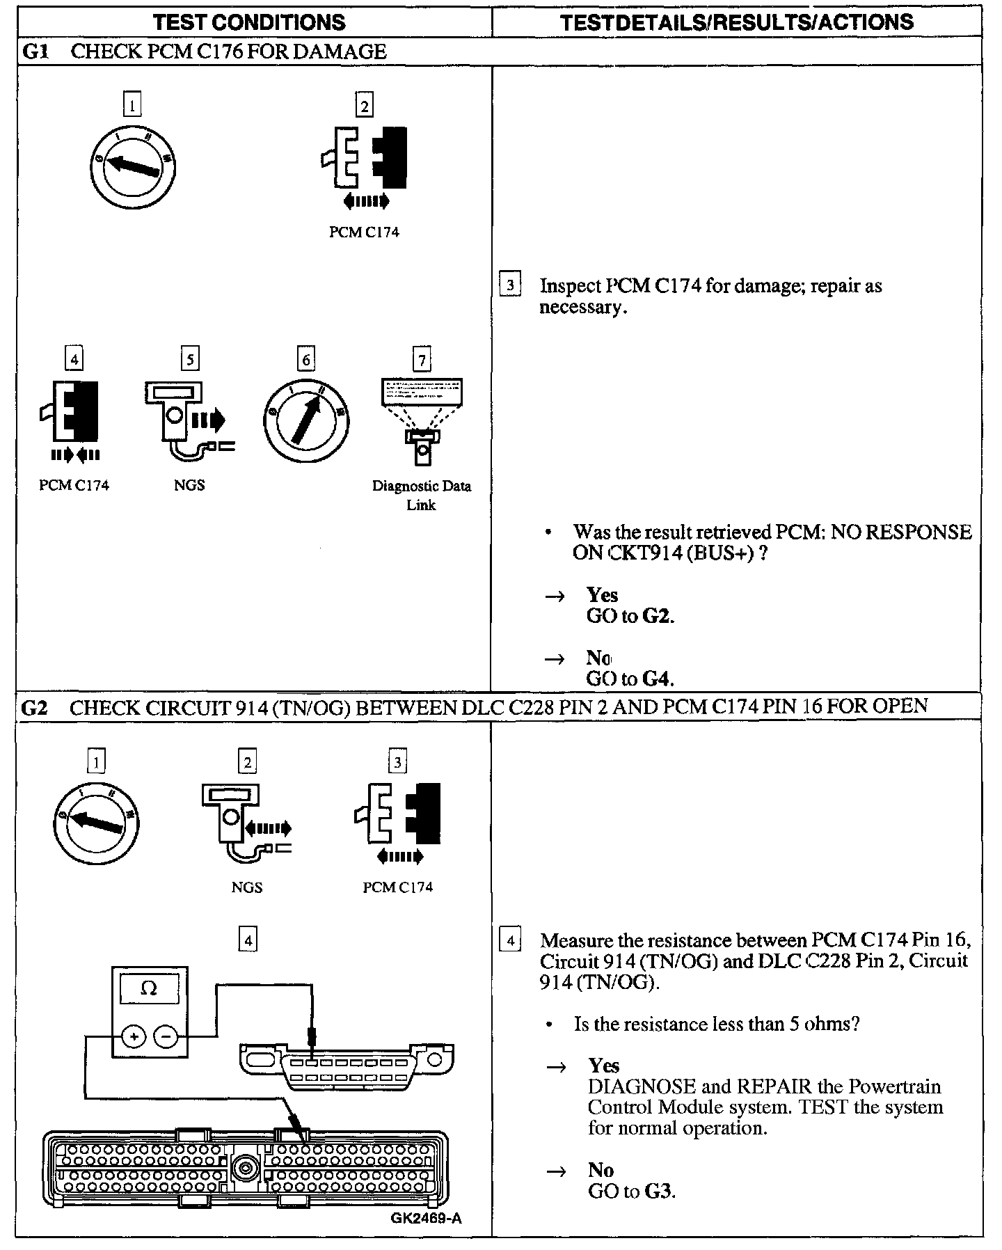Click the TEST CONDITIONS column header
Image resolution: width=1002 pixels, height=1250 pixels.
tap(249, 22)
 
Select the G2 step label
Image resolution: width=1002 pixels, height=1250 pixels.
tap(35, 707)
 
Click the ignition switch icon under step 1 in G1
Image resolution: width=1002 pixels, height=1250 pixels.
tap(132, 164)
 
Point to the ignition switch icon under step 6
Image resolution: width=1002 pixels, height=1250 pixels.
tap(306, 420)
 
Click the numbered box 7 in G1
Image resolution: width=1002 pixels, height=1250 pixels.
tap(422, 360)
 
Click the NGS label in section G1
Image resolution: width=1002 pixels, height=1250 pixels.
tap(189, 485)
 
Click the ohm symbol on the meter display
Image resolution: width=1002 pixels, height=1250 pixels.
tap(149, 988)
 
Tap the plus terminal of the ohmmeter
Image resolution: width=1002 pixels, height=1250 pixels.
tap(133, 1037)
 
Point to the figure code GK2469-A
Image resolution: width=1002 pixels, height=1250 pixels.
tap(426, 1218)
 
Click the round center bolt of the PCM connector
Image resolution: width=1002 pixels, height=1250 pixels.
tap(245, 1167)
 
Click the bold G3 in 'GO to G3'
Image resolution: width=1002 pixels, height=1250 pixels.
tap(658, 1191)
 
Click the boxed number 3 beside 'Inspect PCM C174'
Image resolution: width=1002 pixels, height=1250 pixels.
tap(510, 285)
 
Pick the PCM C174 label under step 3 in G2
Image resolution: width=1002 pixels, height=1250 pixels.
tap(398, 887)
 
